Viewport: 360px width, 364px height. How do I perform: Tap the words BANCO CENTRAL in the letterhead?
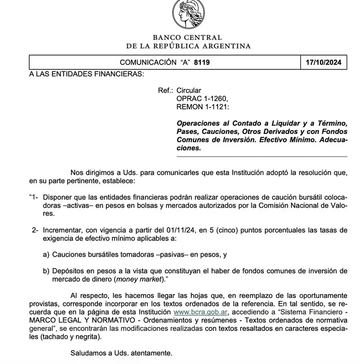click(x=187, y=37)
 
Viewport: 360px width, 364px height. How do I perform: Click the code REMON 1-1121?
click(x=203, y=106)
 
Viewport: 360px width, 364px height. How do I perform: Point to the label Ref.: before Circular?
click(x=165, y=91)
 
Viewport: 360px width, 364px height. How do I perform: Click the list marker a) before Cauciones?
click(x=46, y=255)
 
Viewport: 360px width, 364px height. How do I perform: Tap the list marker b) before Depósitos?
click(x=46, y=271)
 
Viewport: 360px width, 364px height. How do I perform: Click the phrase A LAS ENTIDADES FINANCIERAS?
click(x=86, y=74)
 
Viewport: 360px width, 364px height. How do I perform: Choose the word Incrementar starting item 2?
click(x=63, y=230)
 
